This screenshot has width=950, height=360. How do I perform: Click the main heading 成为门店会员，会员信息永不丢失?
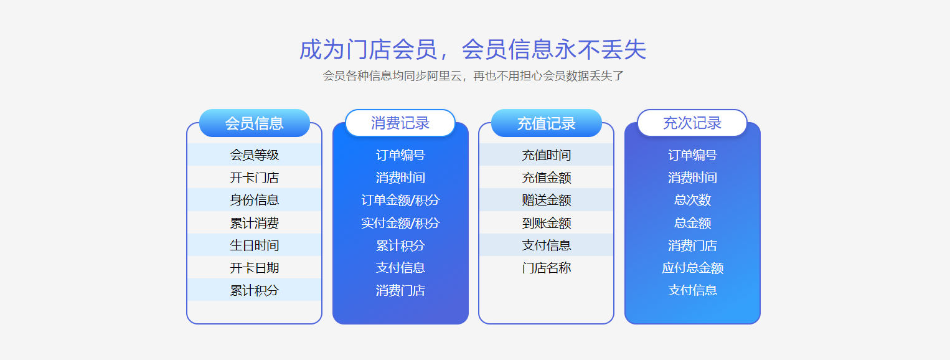[473, 49]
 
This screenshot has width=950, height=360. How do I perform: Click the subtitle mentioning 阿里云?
[473, 76]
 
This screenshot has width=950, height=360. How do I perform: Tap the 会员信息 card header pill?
[254, 123]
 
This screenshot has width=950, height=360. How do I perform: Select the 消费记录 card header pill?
[400, 123]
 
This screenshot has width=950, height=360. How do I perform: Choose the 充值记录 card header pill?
[546, 123]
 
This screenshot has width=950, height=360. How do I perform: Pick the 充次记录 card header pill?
[692, 123]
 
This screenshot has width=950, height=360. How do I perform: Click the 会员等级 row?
[254, 155]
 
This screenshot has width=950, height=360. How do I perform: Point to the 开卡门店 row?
[254, 178]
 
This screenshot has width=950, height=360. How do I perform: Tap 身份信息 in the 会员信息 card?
[254, 200]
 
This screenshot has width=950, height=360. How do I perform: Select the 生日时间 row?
[254, 245]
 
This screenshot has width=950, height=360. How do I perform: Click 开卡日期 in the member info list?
[254, 268]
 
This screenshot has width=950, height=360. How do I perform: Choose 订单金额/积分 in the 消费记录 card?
[400, 200]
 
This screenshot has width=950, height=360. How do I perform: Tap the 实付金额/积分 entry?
[400, 223]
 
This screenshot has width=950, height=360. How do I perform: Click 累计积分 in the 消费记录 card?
[400, 245]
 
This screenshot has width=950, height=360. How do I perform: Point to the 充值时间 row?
[546, 155]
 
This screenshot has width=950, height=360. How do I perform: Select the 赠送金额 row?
[546, 200]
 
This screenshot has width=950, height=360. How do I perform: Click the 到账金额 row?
[546, 223]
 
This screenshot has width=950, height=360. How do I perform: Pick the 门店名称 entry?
[546, 268]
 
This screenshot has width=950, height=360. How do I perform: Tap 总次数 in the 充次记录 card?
[692, 200]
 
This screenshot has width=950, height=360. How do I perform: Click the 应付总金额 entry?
[692, 268]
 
